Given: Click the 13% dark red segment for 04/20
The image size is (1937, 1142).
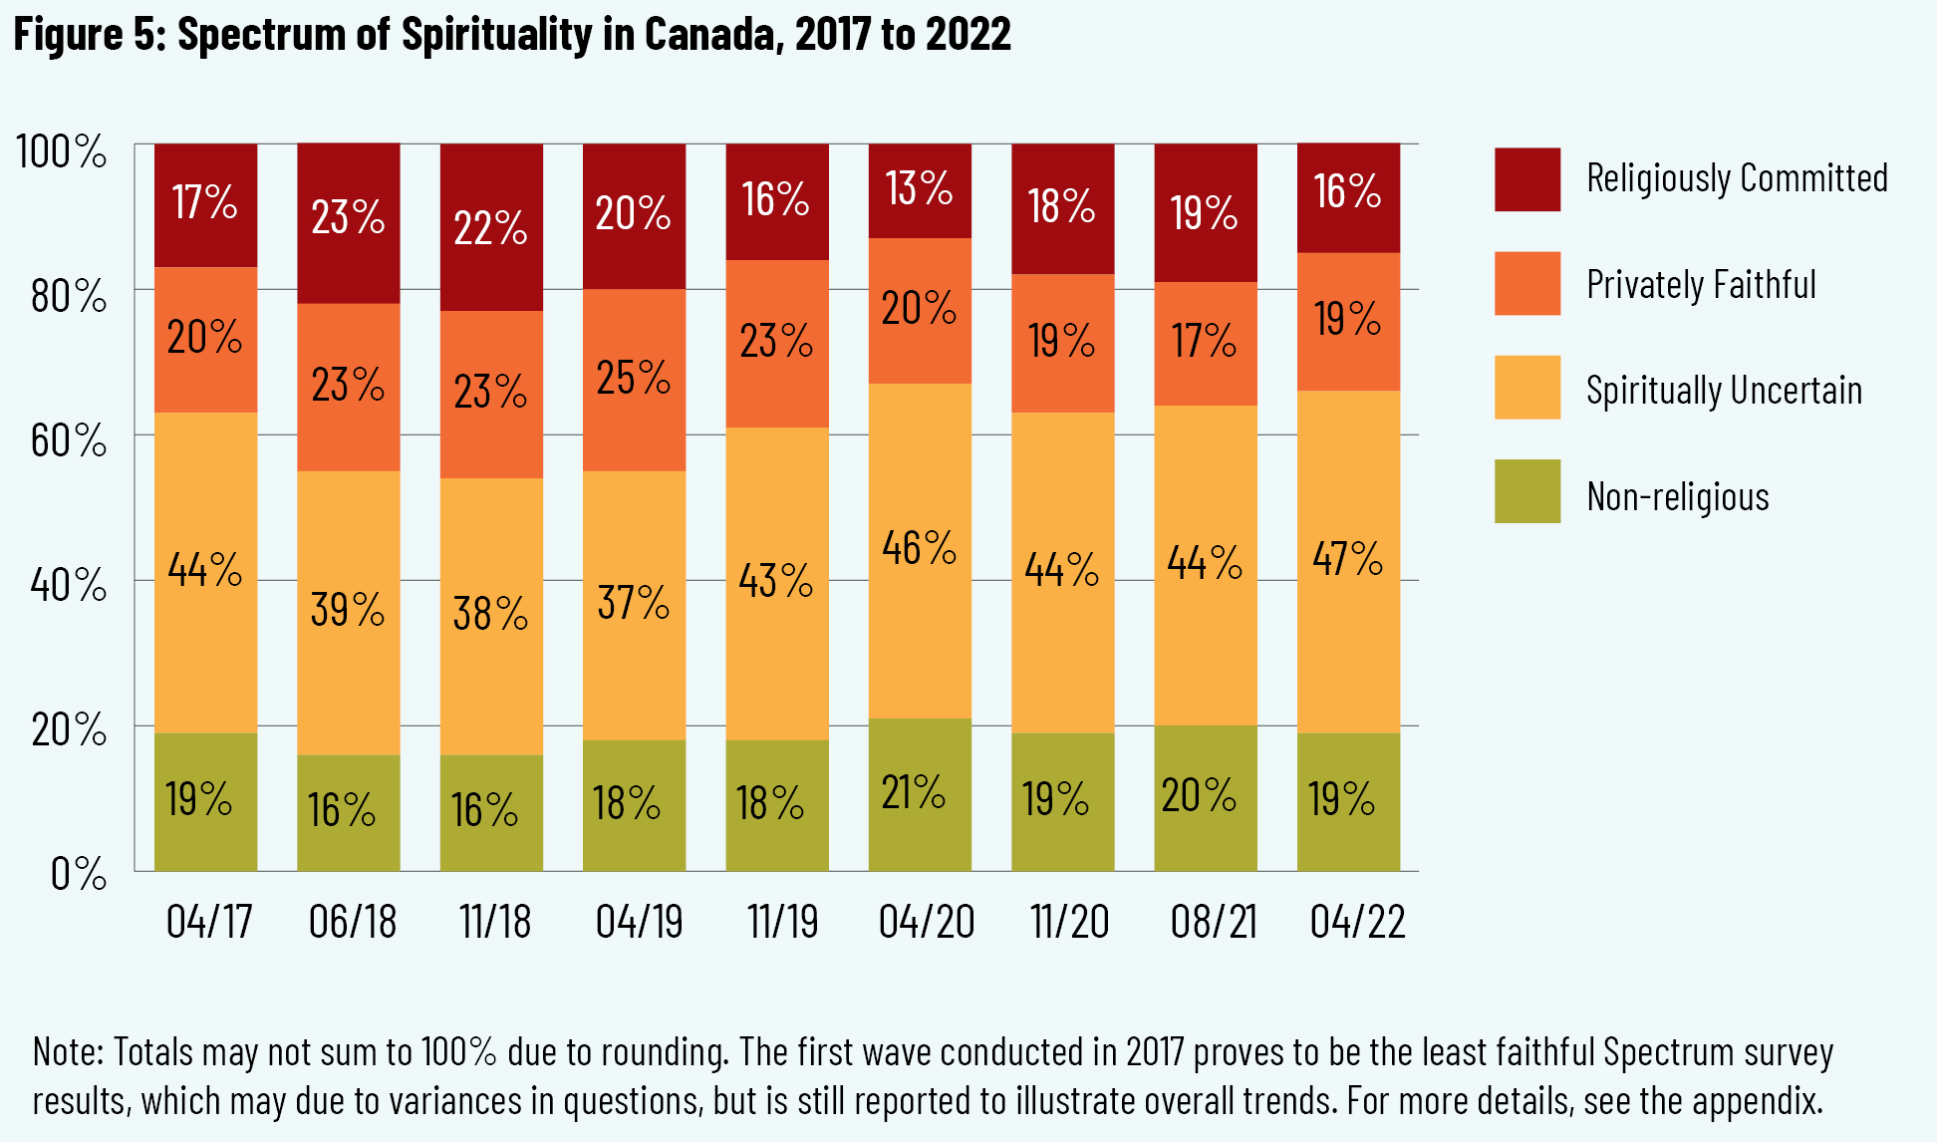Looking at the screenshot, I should pyautogui.click(x=920, y=190).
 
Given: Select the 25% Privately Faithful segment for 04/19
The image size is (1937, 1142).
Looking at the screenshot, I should pyautogui.click(x=634, y=380).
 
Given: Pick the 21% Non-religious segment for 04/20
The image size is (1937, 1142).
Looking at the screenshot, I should pyautogui.click(x=920, y=794).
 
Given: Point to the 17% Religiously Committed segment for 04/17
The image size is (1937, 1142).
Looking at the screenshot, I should pyautogui.click(x=205, y=204).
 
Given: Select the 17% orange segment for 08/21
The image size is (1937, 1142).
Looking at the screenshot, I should pyautogui.click(x=1206, y=343).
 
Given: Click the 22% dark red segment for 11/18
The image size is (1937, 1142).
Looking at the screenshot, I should pyautogui.click(x=491, y=227).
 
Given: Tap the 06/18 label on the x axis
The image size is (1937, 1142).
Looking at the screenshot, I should pyautogui.click(x=352, y=922).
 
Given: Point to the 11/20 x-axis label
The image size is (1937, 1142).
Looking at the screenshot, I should pyautogui.click(x=1069, y=922).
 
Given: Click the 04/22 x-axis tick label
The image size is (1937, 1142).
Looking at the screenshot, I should pyautogui.click(x=1357, y=922).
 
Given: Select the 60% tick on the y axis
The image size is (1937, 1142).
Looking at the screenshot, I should pyautogui.click(x=68, y=440).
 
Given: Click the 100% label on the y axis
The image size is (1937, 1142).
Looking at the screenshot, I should pyautogui.click(x=61, y=152).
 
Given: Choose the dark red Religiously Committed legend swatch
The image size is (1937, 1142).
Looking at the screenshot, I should pyautogui.click(x=1526, y=179).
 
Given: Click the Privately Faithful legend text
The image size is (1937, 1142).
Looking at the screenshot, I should pyautogui.click(x=1701, y=285).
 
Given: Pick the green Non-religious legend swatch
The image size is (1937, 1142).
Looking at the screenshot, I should pyautogui.click(x=1526, y=491).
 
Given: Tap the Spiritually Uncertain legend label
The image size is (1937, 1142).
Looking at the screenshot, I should pyautogui.click(x=1724, y=391).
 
